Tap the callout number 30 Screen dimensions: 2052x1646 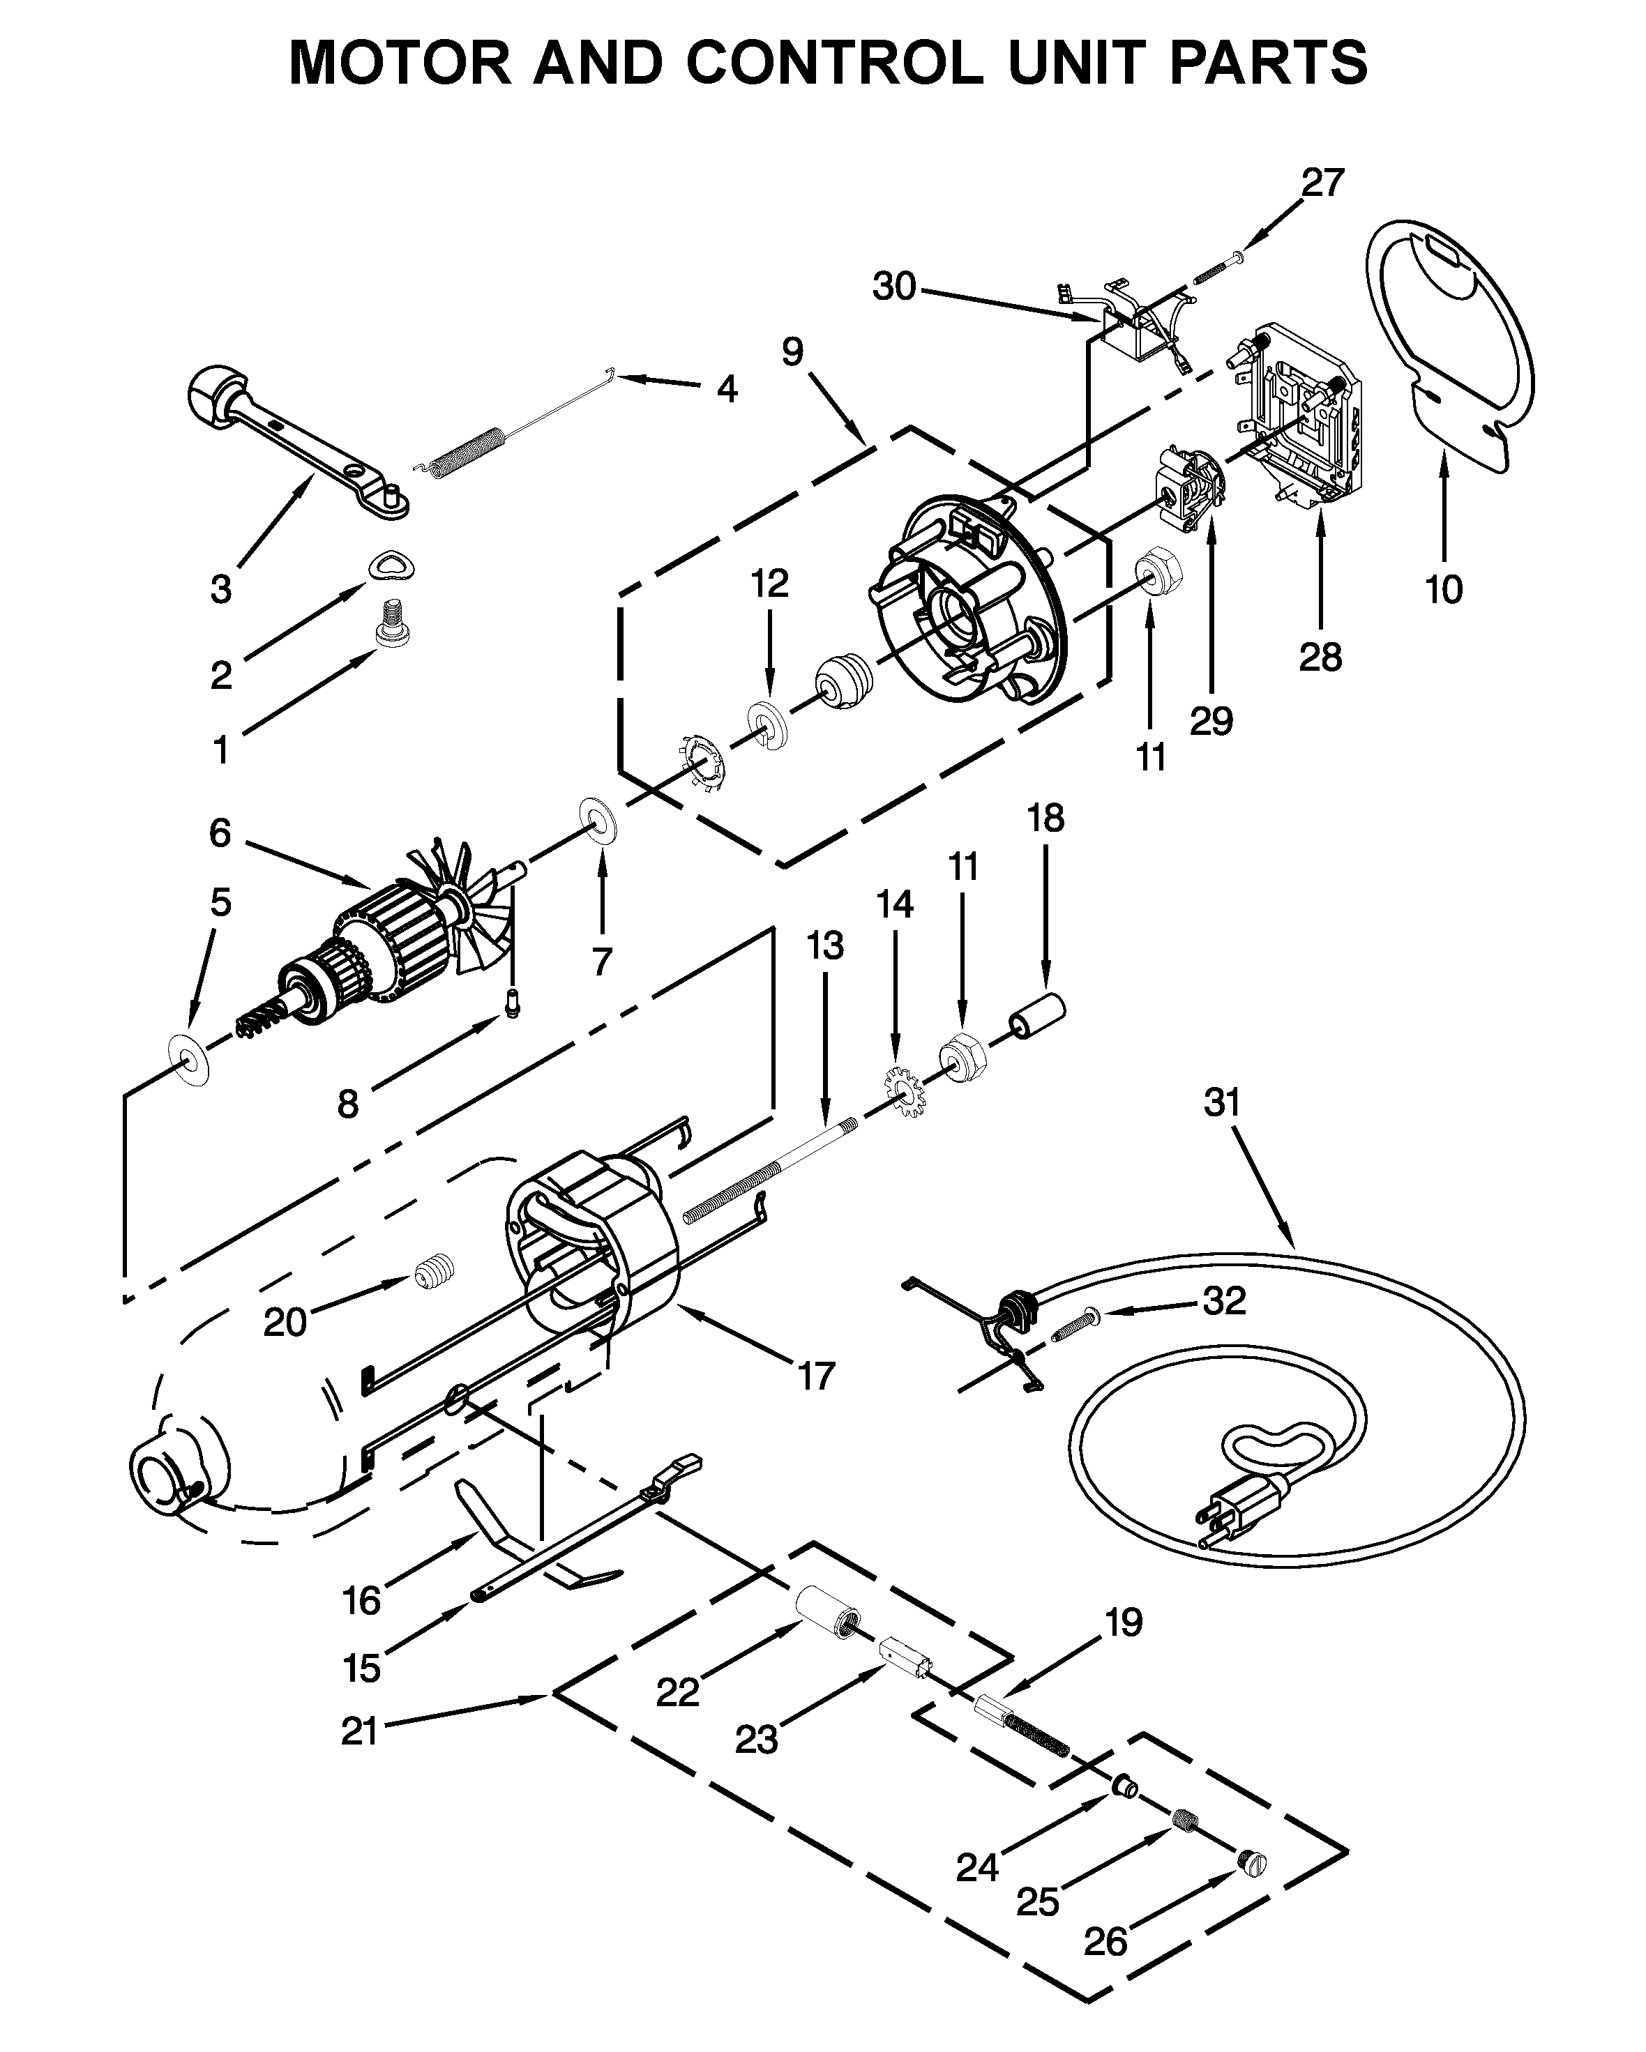(x=894, y=286)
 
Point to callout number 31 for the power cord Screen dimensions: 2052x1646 (x=1223, y=1102)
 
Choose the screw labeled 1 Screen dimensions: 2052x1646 (x=391, y=623)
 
